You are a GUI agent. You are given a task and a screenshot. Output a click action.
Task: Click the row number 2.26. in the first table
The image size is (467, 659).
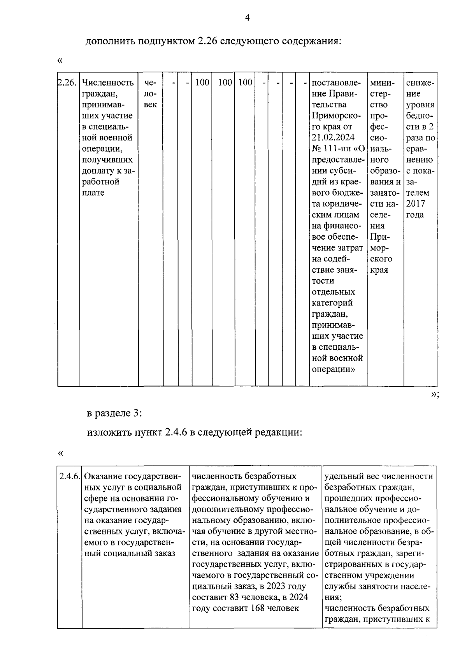pos(67,83)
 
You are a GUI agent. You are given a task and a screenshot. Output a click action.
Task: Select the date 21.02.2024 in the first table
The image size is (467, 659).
pos(333,138)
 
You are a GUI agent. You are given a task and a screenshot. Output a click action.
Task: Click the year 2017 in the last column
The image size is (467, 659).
pos(415,204)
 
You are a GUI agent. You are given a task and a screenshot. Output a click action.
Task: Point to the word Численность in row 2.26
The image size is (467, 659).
pos(108,83)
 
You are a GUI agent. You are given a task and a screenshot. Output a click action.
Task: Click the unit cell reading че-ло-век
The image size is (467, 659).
pos(150,94)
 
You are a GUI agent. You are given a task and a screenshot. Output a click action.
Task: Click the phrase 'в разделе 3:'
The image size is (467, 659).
pos(114,413)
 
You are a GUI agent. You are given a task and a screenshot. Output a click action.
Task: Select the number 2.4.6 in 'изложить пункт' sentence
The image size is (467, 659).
pos(176,432)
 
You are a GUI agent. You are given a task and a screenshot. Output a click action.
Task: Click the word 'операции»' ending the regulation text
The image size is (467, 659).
pos(333,369)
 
